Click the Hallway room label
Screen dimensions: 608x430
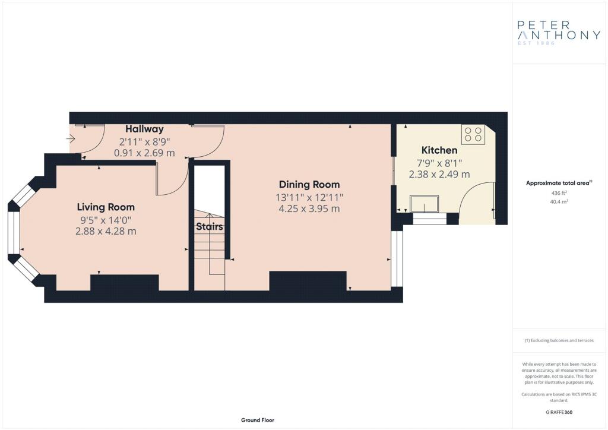point(144,129)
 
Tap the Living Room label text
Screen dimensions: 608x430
point(106,207)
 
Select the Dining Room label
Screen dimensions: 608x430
point(309,185)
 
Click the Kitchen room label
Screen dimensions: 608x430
point(439,150)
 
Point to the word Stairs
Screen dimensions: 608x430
point(210,226)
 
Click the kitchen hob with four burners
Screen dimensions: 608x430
point(473,134)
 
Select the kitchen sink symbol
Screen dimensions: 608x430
point(425,204)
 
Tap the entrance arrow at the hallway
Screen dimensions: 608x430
point(71,138)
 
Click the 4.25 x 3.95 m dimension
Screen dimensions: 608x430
point(309,208)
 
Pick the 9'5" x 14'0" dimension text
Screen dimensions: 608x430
point(106,220)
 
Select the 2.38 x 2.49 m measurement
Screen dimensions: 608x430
point(439,175)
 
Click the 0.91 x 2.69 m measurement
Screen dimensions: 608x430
point(144,153)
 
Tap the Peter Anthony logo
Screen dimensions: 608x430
point(559,33)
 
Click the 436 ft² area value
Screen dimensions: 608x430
point(559,192)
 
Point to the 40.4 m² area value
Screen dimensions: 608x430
point(559,201)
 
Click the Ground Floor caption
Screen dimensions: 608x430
point(258,420)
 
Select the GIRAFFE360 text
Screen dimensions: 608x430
point(559,412)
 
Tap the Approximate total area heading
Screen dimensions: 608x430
point(559,183)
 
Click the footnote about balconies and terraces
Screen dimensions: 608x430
point(559,340)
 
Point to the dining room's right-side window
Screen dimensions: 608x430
point(397,258)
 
